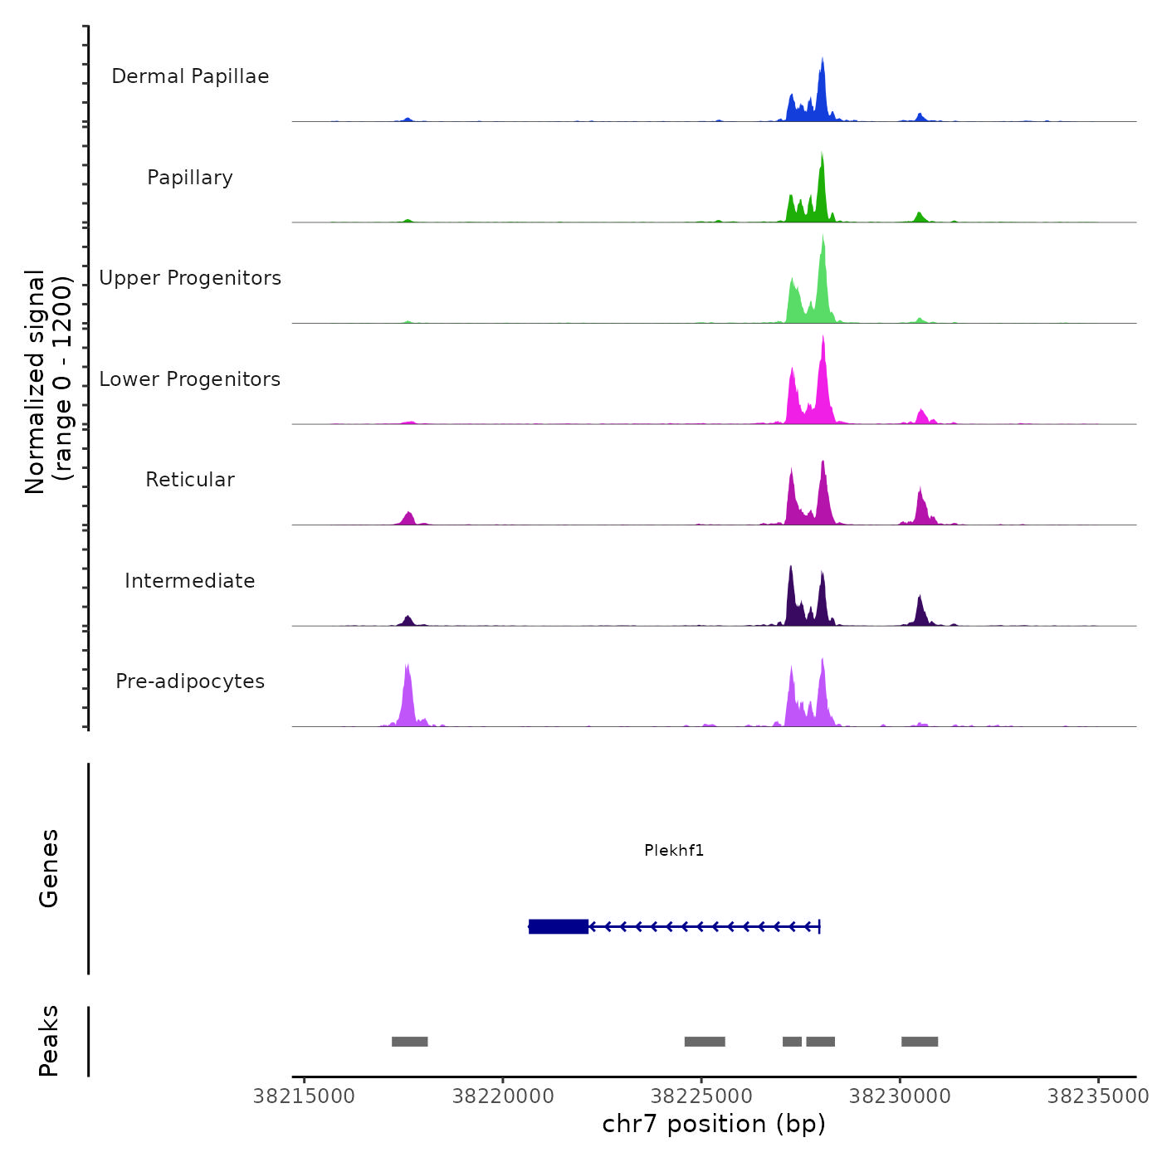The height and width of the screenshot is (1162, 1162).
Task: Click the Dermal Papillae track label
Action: point(190,76)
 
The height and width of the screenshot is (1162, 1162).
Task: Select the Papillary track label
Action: point(190,178)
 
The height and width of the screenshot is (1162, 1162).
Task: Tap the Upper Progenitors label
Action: point(190,278)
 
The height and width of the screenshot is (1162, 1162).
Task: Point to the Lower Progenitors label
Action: point(190,379)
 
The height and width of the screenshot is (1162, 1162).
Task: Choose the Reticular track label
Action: point(190,480)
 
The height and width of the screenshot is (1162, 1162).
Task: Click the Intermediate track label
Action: point(190,581)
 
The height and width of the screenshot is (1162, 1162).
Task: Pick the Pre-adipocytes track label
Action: point(190,681)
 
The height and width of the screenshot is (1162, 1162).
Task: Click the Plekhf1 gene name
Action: point(674,850)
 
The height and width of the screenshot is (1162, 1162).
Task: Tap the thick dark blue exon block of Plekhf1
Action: point(559,926)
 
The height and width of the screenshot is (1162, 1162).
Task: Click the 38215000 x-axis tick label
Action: point(304,1096)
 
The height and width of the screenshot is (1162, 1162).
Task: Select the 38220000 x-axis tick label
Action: point(503,1096)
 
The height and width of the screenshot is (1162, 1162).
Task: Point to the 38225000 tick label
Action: point(701,1096)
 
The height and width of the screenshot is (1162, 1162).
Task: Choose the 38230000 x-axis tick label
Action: point(900,1096)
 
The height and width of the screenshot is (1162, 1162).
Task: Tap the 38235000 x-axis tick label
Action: point(1098,1096)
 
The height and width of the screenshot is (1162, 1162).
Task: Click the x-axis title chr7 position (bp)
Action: point(714,1124)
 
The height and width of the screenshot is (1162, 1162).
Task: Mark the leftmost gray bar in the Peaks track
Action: point(409,1042)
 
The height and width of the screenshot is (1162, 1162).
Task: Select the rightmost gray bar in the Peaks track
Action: point(920,1042)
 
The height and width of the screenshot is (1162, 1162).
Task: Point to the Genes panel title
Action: point(49,868)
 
